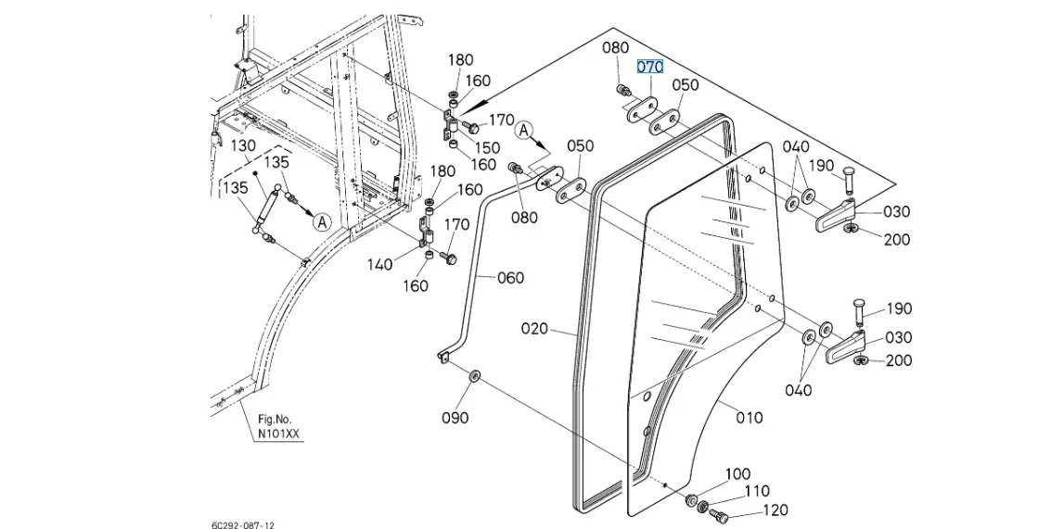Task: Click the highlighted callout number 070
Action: point(649,67)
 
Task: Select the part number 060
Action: point(510,278)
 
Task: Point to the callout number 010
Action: point(750,418)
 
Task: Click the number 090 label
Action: point(455,418)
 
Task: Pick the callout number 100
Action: point(737,474)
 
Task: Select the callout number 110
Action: point(757,491)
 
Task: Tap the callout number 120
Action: point(775,510)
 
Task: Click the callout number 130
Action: point(243,145)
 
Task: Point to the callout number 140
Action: point(379,264)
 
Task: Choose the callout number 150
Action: point(487,148)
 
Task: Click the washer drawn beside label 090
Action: point(474,374)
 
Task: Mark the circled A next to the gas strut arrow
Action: point(321,221)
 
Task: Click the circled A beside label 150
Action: point(525,131)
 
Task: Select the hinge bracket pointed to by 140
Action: point(429,228)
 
